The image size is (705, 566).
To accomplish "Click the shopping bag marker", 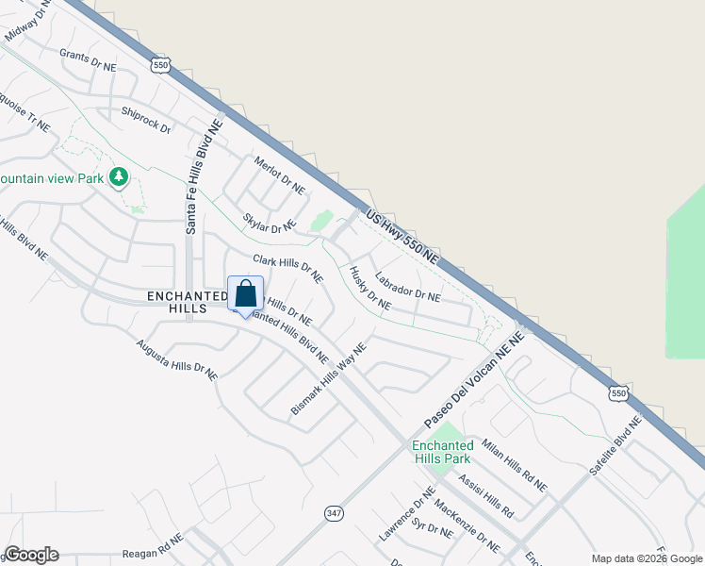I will [245, 294].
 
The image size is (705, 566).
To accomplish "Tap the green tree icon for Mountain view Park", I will [118, 177].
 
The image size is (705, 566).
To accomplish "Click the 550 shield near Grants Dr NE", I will [159, 64].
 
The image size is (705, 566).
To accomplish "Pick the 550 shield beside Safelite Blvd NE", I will [617, 392].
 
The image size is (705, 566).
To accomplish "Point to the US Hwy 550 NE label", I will [402, 236].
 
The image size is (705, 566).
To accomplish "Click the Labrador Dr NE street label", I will [407, 288].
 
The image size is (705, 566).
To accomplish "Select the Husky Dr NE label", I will [369, 288].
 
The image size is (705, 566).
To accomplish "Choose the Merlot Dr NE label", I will [280, 175].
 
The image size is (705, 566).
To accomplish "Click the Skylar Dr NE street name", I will [269, 224].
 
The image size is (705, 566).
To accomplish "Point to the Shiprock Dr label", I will [145, 120].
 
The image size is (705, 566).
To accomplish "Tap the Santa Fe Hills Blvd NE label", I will [203, 176].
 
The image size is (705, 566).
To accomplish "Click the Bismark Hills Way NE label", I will [328, 379].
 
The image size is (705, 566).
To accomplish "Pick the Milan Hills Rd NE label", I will [513, 464].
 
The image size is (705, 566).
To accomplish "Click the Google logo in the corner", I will [31, 555].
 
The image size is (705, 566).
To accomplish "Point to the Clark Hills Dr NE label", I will [287, 267].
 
